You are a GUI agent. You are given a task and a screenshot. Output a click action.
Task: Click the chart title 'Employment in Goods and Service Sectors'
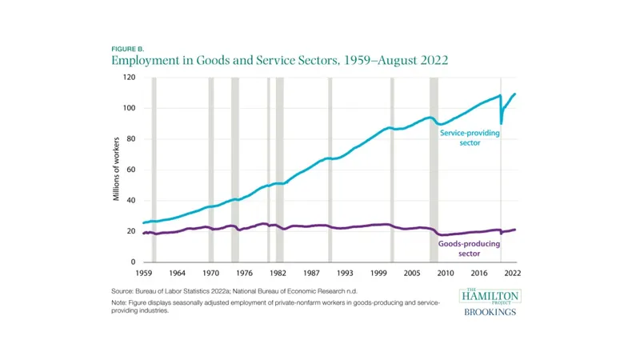click(279, 60)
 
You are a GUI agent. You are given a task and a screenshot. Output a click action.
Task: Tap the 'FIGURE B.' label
click(127, 48)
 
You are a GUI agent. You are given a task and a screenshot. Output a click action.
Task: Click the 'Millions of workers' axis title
click(116, 170)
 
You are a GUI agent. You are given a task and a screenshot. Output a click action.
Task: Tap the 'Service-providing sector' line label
click(470, 139)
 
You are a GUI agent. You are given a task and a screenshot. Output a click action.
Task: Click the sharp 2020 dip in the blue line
click(502, 123)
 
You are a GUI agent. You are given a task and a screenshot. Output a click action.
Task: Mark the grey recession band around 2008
click(434, 170)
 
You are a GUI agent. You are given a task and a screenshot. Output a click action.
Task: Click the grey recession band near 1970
click(211, 170)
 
